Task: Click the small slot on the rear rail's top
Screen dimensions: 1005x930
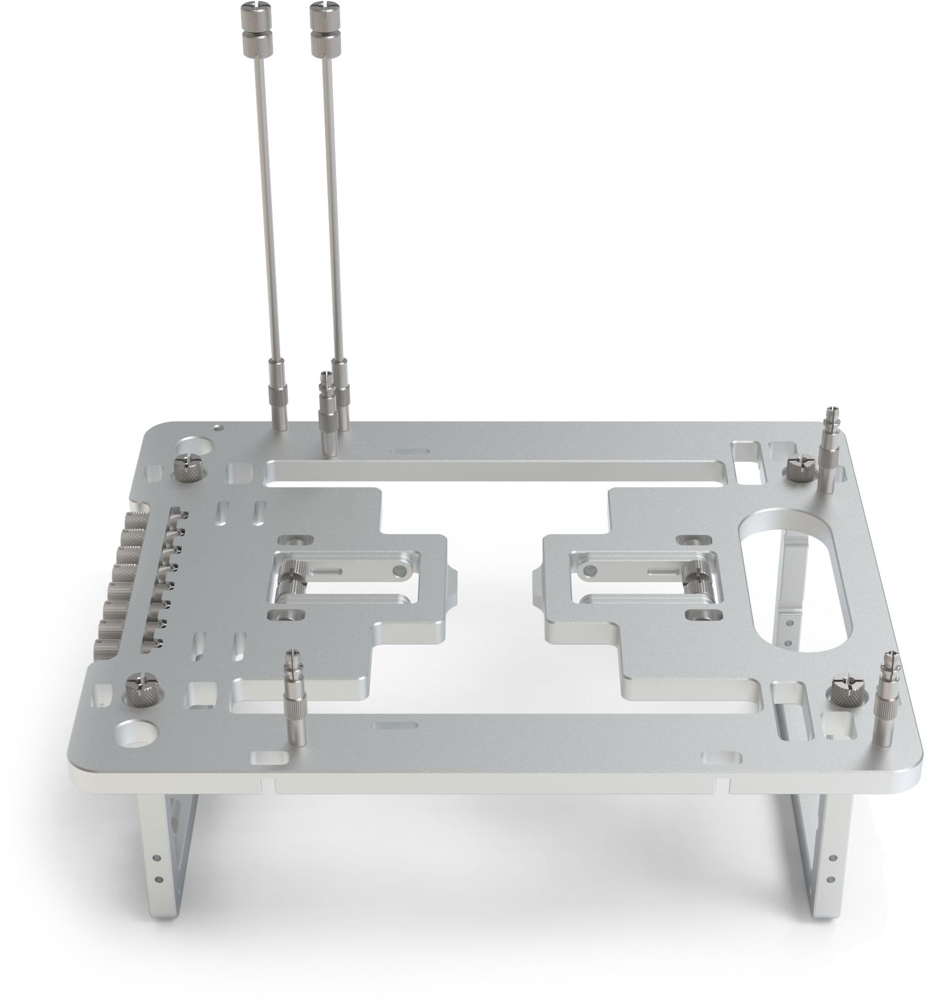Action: pyautogui.click(x=410, y=451)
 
